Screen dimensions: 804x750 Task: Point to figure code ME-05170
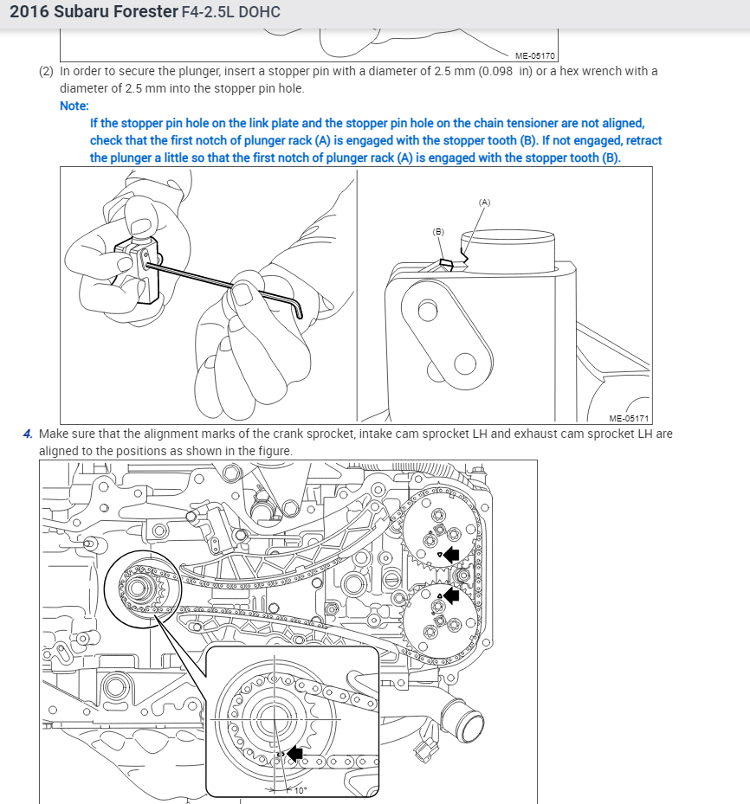tap(535, 56)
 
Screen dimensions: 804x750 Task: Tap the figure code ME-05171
tap(629, 418)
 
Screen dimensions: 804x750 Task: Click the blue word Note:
tap(74, 106)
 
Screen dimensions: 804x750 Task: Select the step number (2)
tap(46, 71)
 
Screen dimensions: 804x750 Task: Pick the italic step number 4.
tap(28, 434)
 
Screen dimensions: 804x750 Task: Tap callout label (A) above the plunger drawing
tap(484, 203)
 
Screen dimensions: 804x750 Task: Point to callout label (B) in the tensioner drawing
tap(438, 232)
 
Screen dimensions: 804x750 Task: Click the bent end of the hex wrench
tap(299, 309)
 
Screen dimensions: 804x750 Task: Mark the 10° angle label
tap(301, 790)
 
